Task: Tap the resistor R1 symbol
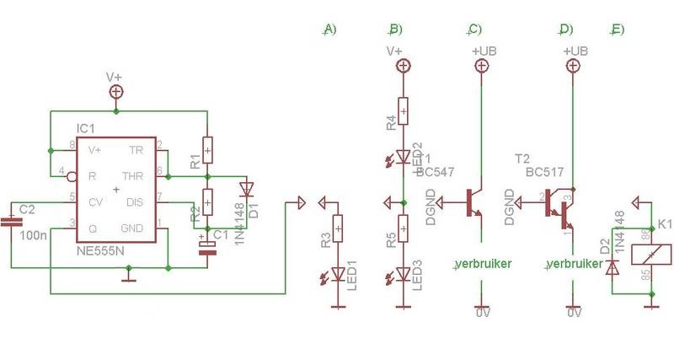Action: (208, 149)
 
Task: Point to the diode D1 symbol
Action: (245, 188)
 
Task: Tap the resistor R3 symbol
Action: (338, 229)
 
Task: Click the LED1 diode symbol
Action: (338, 273)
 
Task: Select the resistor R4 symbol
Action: (404, 110)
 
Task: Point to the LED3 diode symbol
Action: (404, 273)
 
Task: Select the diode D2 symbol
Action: (613, 266)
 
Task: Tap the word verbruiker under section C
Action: (484, 264)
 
